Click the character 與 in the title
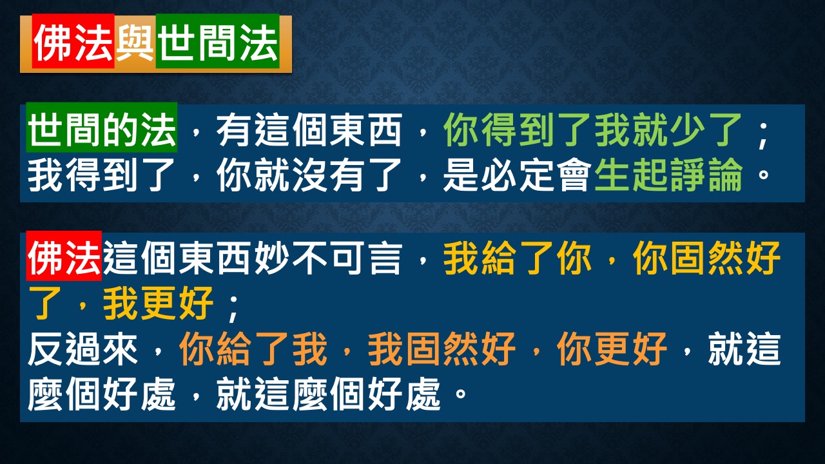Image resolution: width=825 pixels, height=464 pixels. click(135, 43)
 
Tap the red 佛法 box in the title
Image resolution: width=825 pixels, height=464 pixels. click(73, 41)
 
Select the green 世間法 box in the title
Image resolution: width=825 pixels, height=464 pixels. click(218, 41)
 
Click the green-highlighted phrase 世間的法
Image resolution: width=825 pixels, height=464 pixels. click(102, 128)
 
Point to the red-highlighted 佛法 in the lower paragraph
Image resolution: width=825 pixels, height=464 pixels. click(64, 256)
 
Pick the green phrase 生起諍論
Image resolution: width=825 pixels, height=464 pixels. click(668, 175)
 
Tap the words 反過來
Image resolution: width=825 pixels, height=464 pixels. click(83, 349)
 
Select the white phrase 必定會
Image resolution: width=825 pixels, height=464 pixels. click(536, 175)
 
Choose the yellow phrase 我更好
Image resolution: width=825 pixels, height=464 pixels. click(159, 303)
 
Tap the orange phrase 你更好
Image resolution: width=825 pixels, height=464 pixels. click(612, 349)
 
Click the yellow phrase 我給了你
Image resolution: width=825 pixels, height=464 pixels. click(518, 258)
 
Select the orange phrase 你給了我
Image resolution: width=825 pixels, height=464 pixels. click(253, 349)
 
